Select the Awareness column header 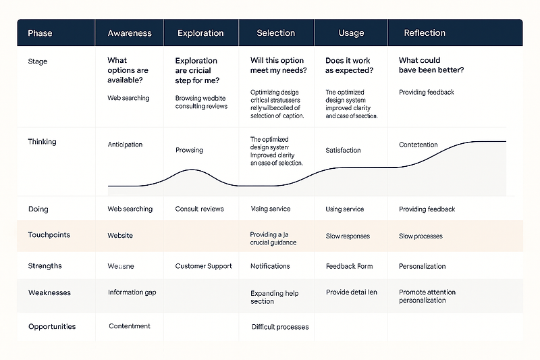(130, 33)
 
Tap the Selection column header (275, 33)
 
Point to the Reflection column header (425, 33)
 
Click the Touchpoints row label (49, 236)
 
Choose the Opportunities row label (52, 327)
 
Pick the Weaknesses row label (49, 293)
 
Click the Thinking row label (42, 142)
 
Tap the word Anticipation (125, 145)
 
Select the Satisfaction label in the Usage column (343, 151)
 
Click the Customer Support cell (203, 266)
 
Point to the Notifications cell (270, 266)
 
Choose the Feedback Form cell (349, 266)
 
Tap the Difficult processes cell (279, 327)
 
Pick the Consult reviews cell (199, 209)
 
